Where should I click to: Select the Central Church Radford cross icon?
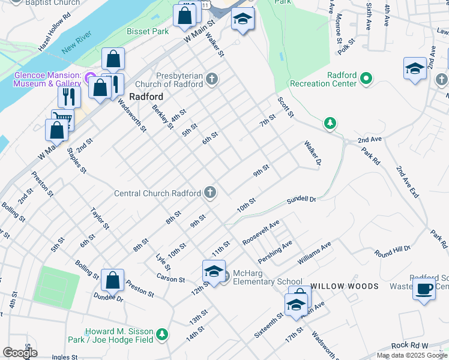coord(210,193)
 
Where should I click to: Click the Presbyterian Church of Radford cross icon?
coord(211,79)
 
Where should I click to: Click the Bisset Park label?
coord(148,31)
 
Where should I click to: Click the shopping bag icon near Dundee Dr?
coord(112,280)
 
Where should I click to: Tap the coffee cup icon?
coord(424,289)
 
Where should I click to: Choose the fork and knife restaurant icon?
coord(70,95)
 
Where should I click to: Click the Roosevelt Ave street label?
coord(261,232)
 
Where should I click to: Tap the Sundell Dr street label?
coord(301,200)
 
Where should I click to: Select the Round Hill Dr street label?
coord(393,251)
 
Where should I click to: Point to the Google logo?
coord(20,353)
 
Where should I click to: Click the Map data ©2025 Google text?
coord(412,355)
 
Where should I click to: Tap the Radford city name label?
coord(146,97)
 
